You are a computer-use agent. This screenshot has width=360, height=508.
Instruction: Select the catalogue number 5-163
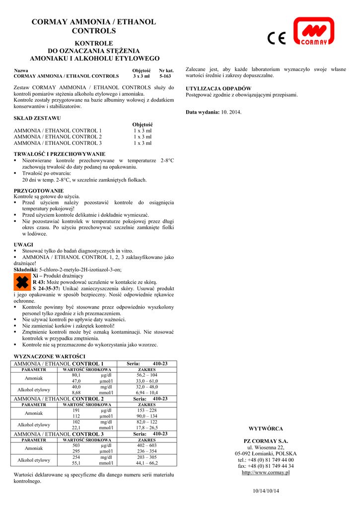point(165,76)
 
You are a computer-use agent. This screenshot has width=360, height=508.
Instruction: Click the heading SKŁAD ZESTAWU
point(37,118)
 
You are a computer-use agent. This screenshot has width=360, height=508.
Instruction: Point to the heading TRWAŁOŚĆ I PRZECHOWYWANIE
point(59,154)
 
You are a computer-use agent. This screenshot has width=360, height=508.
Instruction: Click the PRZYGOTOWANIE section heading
point(39,190)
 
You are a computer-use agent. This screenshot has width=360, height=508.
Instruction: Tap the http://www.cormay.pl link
point(266,472)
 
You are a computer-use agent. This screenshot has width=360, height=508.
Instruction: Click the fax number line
point(266,466)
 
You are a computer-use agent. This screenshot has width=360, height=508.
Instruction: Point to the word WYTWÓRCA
point(266,429)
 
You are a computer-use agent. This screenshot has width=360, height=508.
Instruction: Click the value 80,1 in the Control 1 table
point(76,375)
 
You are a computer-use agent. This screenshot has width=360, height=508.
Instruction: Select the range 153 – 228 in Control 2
point(146,410)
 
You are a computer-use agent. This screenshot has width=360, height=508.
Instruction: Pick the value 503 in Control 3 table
point(76,445)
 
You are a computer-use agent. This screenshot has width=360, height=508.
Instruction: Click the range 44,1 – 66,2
point(146,463)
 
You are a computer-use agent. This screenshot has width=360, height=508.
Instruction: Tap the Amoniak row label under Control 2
point(34,413)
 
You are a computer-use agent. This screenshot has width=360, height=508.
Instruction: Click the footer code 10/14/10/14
point(267,491)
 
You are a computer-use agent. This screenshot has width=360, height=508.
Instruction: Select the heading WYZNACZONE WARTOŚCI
point(49,356)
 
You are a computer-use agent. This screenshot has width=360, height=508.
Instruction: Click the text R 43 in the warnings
point(39,281)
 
